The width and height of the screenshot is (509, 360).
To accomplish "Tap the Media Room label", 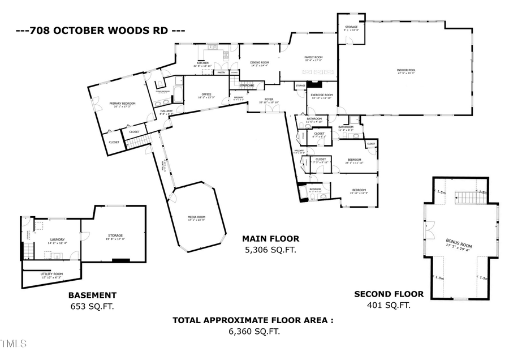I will coord(196,218).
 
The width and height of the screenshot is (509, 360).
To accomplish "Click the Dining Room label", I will coord(260,63).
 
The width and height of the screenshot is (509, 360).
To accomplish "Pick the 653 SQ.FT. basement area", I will coord(92,306).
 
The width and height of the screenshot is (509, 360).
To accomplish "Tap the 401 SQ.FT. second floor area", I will coord(389,305).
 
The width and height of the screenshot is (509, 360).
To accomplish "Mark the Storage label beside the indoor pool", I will coord(351,28).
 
